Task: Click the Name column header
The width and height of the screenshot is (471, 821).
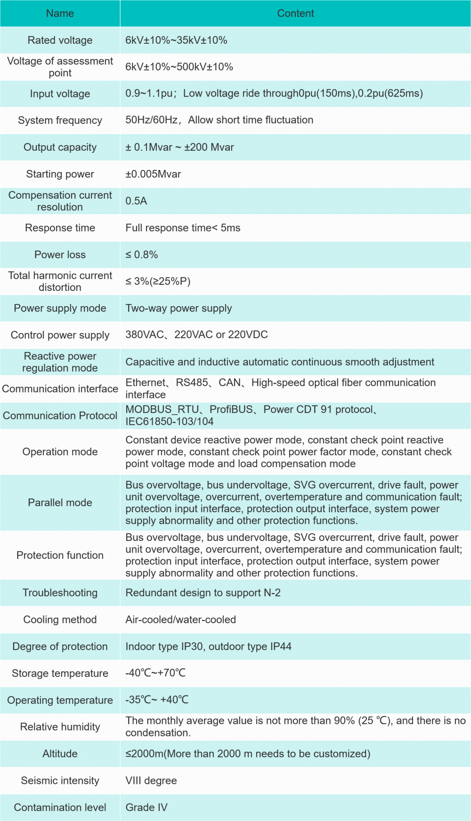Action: coord(60,13)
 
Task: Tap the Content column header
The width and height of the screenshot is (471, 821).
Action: coord(295,13)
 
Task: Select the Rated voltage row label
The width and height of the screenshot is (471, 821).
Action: coord(60,40)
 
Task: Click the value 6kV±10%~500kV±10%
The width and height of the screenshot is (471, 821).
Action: coord(179,67)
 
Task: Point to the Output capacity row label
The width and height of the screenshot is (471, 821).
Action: coord(60,147)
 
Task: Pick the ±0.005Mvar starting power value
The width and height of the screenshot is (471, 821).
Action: coord(153,174)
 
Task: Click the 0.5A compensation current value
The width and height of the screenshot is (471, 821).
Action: coord(136,201)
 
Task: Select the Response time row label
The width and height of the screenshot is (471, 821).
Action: coord(60,228)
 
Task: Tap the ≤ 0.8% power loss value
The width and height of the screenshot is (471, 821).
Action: coord(141,255)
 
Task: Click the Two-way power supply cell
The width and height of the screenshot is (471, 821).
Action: coord(179,308)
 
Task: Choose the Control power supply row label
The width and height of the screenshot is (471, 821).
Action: coord(60,335)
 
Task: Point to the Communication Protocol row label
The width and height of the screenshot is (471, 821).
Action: coord(60,416)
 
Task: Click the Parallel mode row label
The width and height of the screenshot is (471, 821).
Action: coord(60,503)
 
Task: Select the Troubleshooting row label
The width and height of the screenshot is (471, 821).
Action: coord(60,593)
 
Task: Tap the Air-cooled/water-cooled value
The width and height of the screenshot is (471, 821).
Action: coord(180,620)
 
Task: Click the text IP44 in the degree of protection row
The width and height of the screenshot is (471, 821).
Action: coord(281,646)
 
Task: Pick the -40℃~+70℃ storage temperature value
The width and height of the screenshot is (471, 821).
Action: coord(155,673)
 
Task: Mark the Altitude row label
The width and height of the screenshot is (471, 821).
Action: coord(60,754)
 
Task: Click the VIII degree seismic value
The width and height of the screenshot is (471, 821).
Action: coord(151,781)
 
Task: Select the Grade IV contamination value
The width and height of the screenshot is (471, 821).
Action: coord(146,807)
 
